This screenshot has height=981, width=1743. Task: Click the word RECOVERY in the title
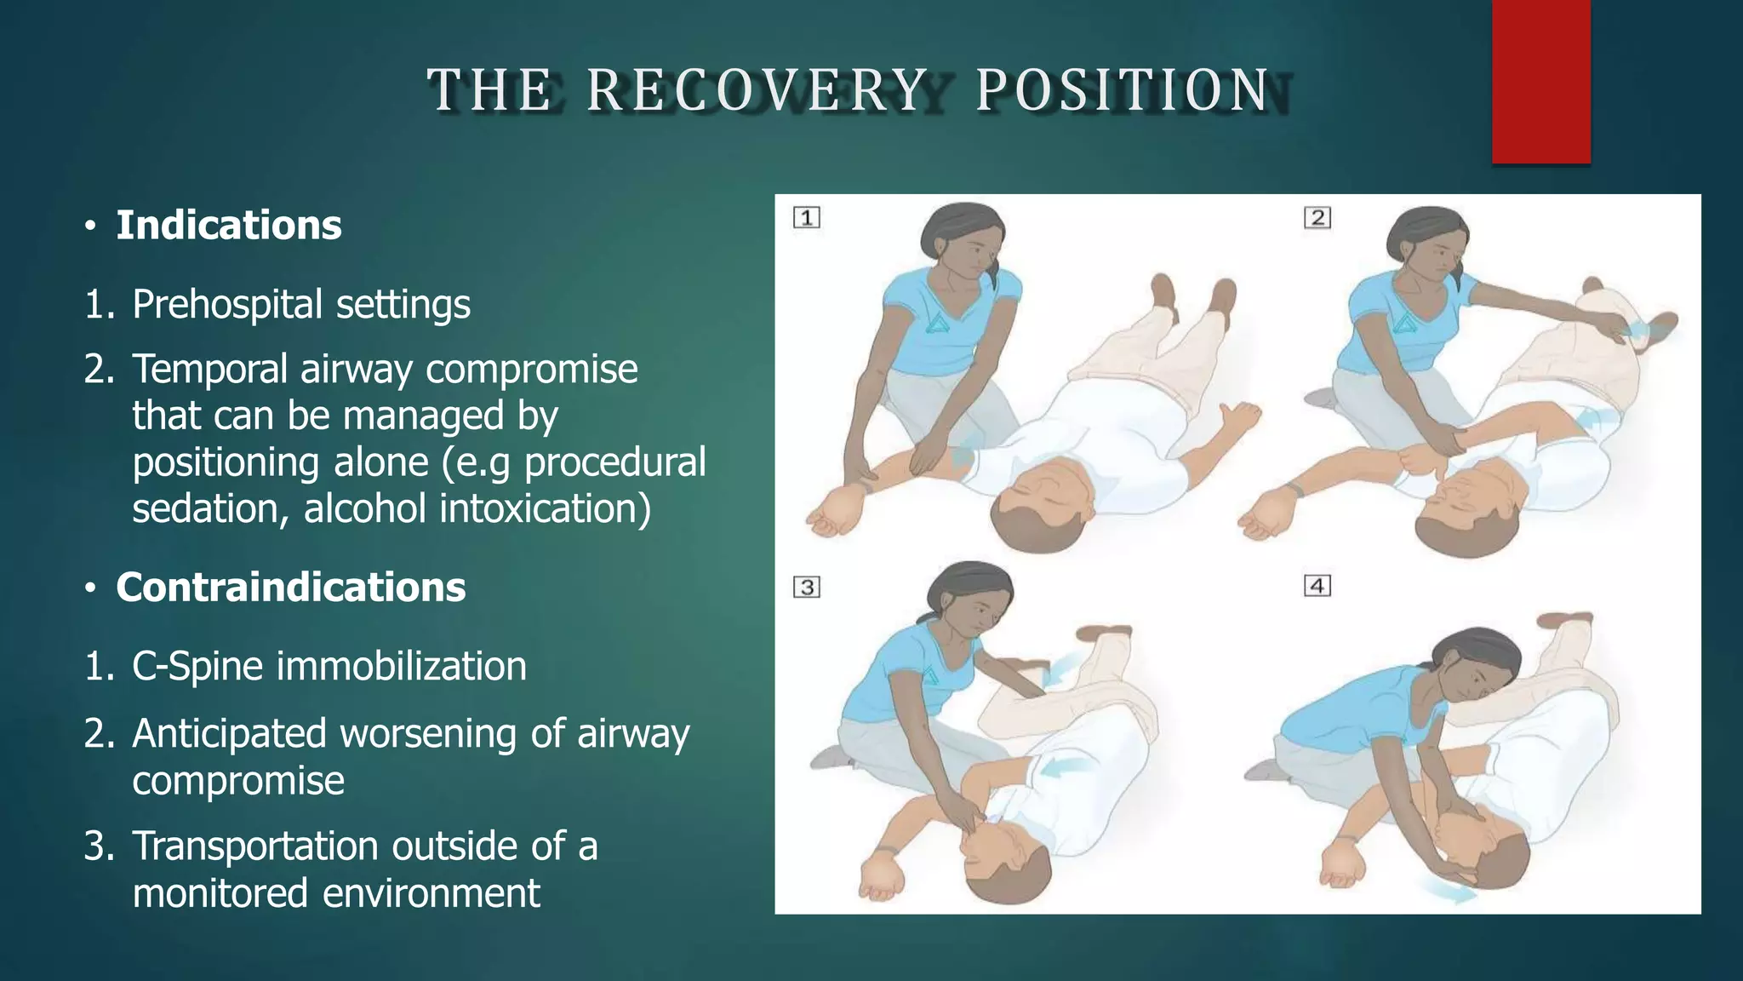757,89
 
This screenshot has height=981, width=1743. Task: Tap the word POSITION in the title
1123,89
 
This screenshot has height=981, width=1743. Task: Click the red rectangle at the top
1540,81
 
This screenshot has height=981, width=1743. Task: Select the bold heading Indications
228,226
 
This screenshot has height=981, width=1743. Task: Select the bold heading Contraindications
290,588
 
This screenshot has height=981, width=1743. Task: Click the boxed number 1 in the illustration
807,218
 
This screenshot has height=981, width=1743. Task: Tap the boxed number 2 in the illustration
1317,218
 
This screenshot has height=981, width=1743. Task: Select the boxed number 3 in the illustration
807,588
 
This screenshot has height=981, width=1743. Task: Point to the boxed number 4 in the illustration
1317,586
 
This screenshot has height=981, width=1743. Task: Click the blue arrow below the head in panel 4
1451,894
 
